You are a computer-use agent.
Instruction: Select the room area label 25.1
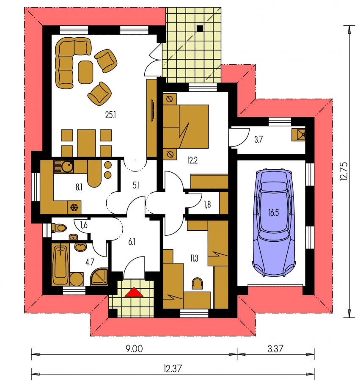[x=110, y=114]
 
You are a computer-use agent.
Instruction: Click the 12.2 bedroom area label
[x=192, y=160]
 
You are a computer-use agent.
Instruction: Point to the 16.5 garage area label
[x=274, y=213]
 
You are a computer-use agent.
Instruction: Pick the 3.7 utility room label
[x=258, y=140]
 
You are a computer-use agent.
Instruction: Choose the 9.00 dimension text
[x=134, y=349]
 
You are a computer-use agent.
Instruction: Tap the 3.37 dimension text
[x=275, y=349]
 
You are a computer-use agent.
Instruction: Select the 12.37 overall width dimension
[x=172, y=368]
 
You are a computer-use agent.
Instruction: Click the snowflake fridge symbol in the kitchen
[x=74, y=208]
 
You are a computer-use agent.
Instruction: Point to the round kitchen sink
[x=67, y=166]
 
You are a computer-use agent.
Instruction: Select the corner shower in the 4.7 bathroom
[x=99, y=276]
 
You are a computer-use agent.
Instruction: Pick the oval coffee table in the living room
[x=86, y=72]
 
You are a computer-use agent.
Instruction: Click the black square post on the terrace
[x=200, y=29]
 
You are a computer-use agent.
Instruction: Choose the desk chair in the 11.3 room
[x=197, y=283]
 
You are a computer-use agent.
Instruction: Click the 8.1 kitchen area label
[x=79, y=187]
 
